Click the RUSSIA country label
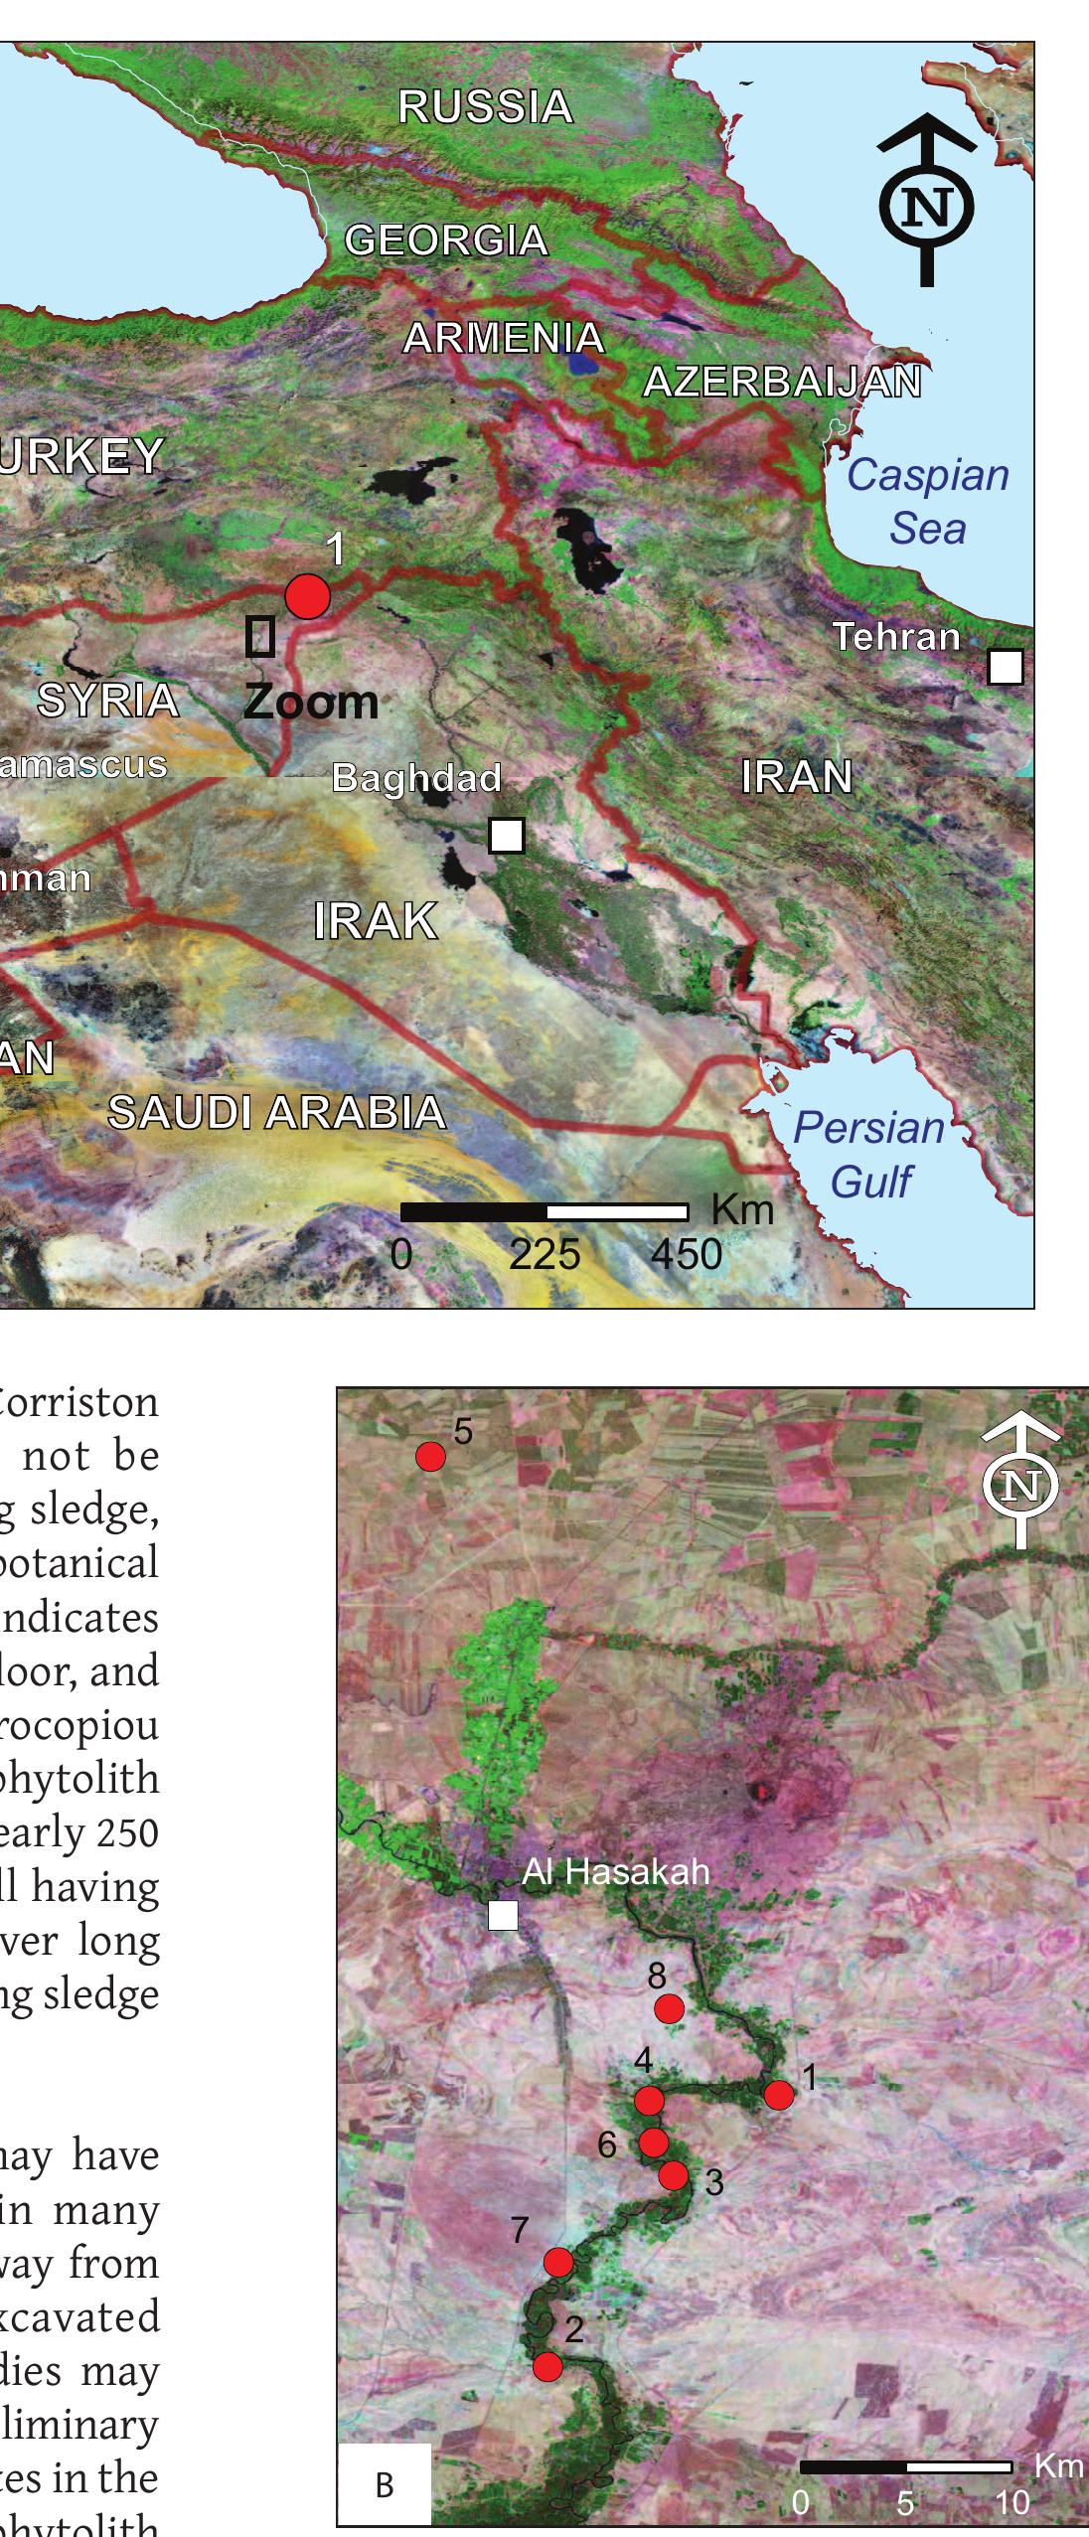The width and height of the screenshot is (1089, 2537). coord(485,107)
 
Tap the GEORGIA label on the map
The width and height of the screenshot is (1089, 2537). coord(446,240)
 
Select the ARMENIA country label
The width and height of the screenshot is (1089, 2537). coord(504,339)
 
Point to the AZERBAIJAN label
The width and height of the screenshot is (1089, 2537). coord(782,383)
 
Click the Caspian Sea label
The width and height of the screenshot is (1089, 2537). coord(927,502)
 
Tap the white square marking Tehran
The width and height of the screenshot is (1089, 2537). coord(1006,667)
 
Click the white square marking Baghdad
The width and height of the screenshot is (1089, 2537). coord(507,836)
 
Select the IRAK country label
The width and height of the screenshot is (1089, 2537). coord(376,921)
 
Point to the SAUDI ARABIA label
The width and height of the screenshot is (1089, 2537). coord(276,1112)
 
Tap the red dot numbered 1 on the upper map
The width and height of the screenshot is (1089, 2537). coord(307,596)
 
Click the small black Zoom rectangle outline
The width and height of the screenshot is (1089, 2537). coord(260,636)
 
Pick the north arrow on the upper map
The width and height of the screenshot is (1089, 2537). coord(926,199)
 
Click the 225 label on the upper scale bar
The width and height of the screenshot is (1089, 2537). coord(544,1254)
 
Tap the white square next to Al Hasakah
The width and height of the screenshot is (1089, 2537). coord(504,1915)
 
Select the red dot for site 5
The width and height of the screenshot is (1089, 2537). coord(430,1457)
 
